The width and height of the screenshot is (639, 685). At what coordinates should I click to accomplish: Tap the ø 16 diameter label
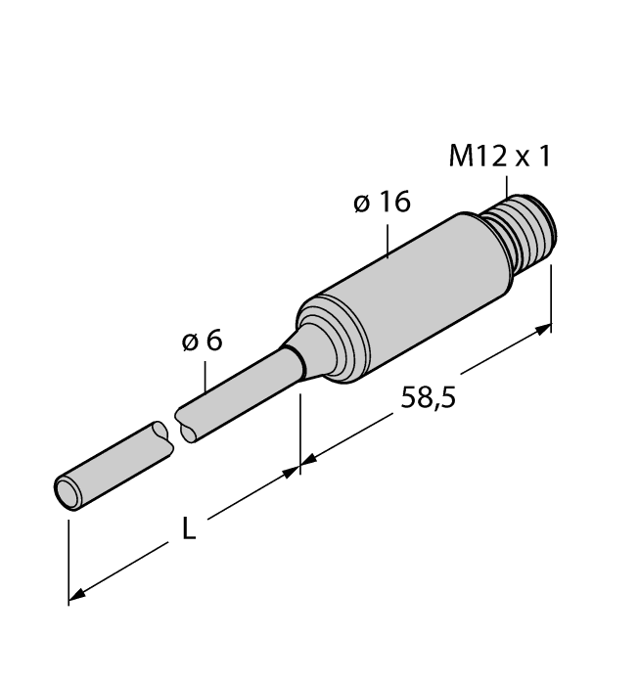[x=380, y=203]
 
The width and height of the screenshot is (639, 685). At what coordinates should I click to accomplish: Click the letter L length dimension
[x=190, y=531]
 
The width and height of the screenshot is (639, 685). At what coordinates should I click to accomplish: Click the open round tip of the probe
[x=68, y=492]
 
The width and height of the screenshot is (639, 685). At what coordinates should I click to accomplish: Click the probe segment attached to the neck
[x=235, y=401]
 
